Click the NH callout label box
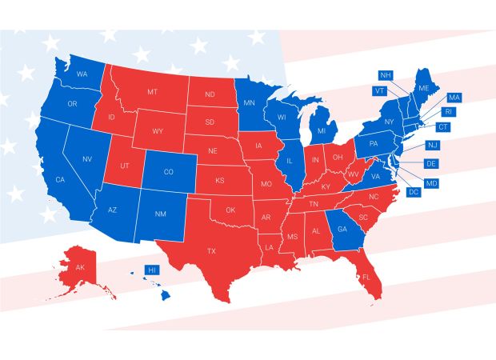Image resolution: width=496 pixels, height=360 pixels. pyautogui.click(x=386, y=75)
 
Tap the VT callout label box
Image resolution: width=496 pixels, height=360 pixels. pyautogui.click(x=380, y=91)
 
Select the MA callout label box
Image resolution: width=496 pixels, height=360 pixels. pyautogui.click(x=454, y=97)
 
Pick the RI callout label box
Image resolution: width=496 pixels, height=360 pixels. pyautogui.click(x=448, y=112)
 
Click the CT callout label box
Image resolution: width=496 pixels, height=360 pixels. pyautogui.click(x=442, y=127)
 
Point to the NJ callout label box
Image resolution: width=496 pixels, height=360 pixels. pyautogui.click(x=433, y=145)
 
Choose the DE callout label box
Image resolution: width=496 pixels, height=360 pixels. pyautogui.click(x=431, y=164)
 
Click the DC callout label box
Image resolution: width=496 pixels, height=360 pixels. pyautogui.click(x=414, y=193)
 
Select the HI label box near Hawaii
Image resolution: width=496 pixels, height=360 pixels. pyautogui.click(x=150, y=270)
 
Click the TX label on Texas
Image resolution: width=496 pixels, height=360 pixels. pyautogui.click(x=211, y=251)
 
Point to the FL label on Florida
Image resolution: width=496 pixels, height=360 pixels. pyautogui.click(x=366, y=277)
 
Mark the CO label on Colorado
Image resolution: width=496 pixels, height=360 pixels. pyautogui.click(x=168, y=172)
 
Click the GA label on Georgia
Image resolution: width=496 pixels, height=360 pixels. pyautogui.click(x=342, y=229)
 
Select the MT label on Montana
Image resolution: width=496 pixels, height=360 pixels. pyautogui.click(x=152, y=94)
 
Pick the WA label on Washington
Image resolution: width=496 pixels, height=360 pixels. pyautogui.click(x=82, y=74)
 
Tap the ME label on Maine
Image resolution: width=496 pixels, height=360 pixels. pyautogui.click(x=424, y=87)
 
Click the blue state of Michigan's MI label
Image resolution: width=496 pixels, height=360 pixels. pyautogui.click(x=322, y=130)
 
